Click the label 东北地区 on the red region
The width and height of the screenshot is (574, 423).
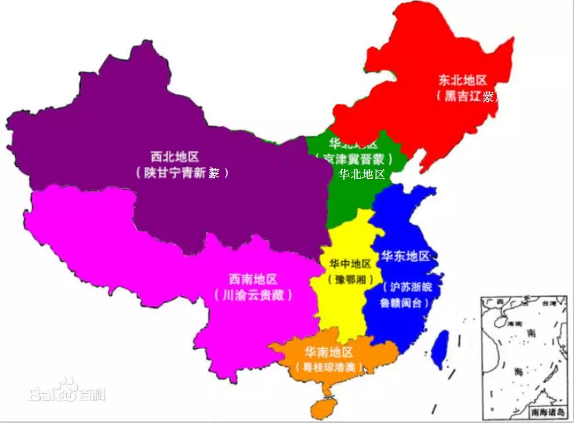463,81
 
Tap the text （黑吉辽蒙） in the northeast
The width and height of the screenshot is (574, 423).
467,96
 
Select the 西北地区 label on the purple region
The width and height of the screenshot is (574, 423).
175,157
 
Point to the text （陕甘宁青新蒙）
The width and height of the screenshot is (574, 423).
181,173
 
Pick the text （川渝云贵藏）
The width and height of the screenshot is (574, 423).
253,295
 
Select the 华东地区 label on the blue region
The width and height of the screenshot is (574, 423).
405,256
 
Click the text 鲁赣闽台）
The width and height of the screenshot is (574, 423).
405,303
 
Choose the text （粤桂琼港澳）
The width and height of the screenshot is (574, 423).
330,367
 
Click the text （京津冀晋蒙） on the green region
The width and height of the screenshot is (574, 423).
354,159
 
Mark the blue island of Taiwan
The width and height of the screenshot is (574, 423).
439,348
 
